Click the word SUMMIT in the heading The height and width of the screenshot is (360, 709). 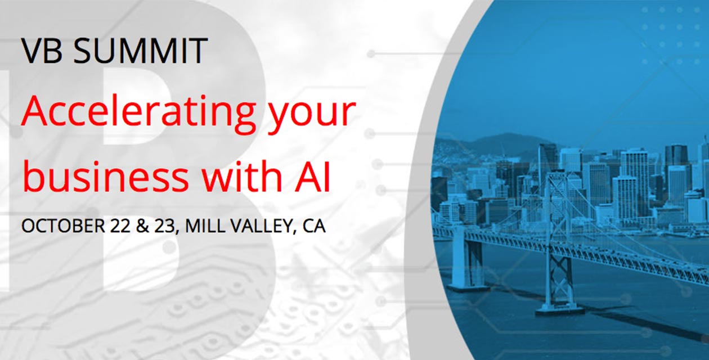tap(140, 51)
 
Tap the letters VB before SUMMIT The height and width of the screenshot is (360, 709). tap(42, 51)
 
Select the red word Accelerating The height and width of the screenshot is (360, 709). tap(138, 113)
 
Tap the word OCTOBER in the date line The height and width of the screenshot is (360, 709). tap(63, 226)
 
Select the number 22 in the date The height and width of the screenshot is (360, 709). tap(120, 226)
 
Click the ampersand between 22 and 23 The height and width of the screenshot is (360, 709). tap(142, 226)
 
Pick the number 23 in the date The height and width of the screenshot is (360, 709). tap(164, 226)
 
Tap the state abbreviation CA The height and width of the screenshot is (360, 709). tap(314, 226)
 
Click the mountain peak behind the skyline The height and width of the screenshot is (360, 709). tap(510, 136)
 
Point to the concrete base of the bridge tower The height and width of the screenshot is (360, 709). tap(559, 309)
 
